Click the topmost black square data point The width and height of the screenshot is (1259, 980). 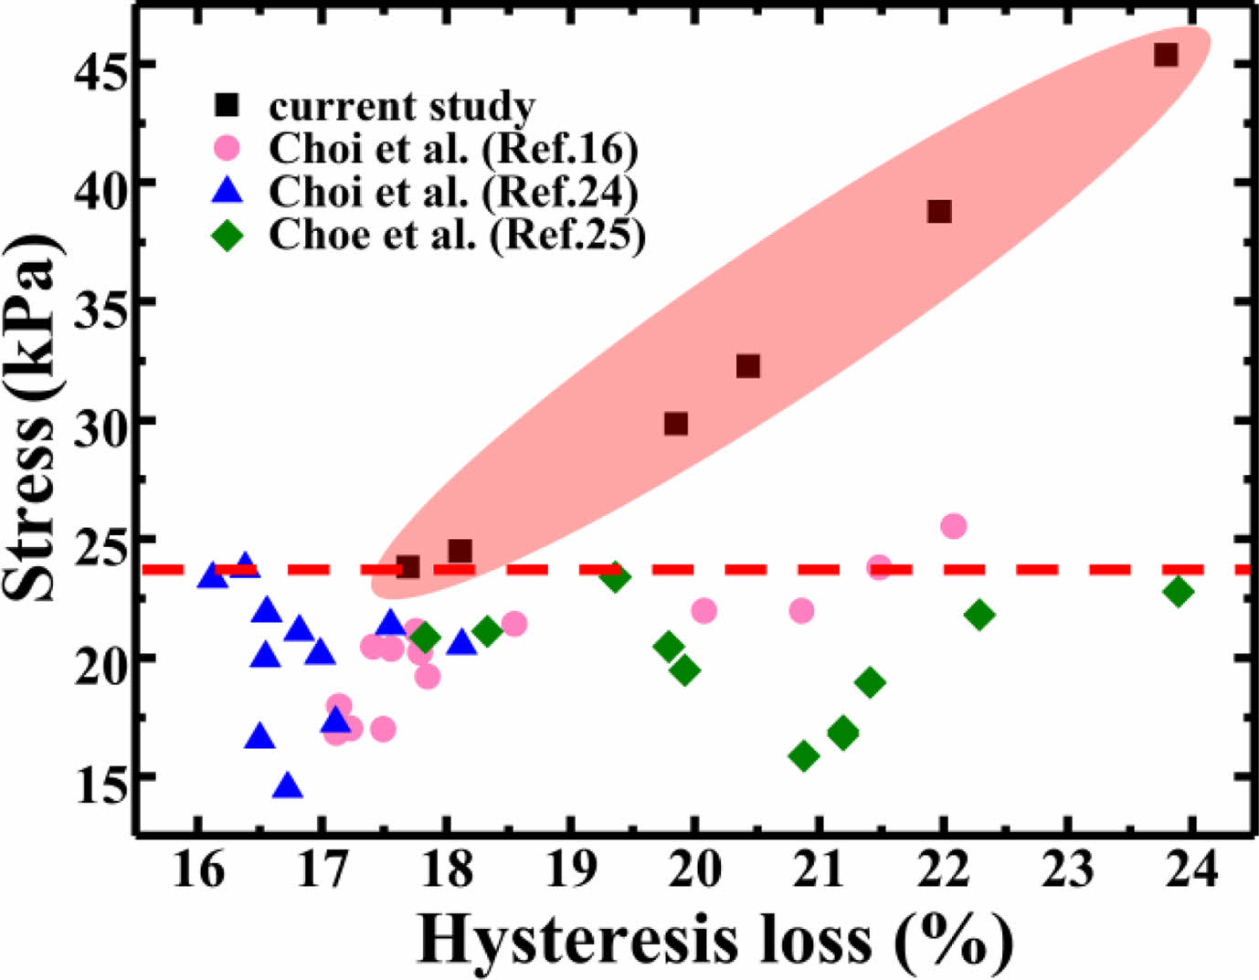[1165, 55]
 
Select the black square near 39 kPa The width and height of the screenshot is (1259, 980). [939, 212]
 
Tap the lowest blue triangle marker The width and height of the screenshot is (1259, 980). [289, 786]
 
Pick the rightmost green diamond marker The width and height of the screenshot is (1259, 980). [1179, 592]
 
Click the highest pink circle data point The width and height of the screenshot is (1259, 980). [953, 526]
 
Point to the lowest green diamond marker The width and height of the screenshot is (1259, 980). [804, 756]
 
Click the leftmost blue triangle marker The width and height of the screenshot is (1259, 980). [212, 575]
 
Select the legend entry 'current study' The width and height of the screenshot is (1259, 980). [401, 106]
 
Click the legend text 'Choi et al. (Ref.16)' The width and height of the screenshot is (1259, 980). [453, 148]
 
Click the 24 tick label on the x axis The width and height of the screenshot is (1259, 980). [1193, 869]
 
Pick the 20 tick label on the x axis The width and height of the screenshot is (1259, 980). [695, 869]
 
